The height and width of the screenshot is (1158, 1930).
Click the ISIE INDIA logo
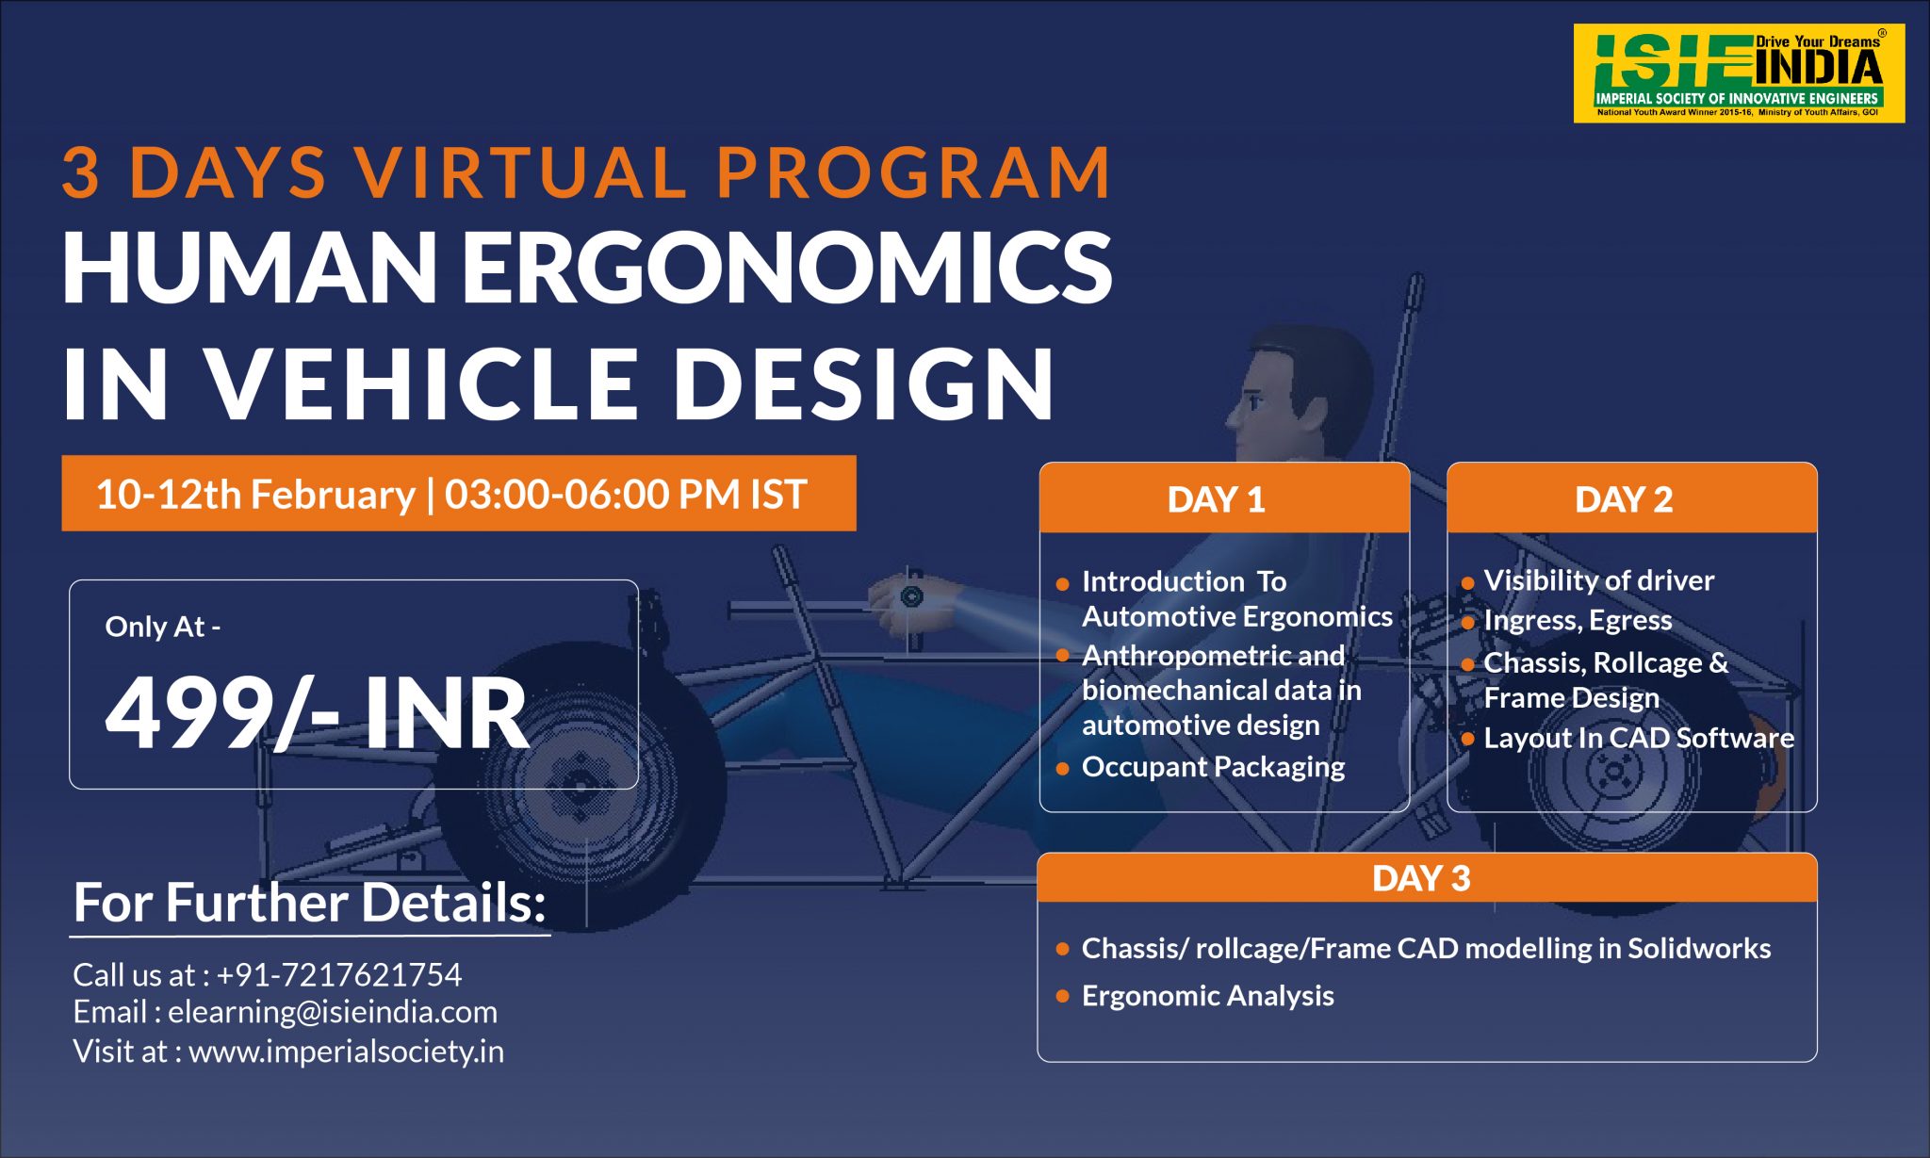pyautogui.click(x=1739, y=73)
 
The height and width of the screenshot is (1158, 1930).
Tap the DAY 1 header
pyautogui.click(x=1216, y=499)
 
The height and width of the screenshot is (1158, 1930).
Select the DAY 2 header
pyautogui.click(x=1624, y=499)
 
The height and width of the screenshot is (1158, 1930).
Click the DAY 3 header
pyautogui.click(x=1421, y=878)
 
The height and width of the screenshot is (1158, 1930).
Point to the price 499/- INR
pyautogui.click(x=317, y=713)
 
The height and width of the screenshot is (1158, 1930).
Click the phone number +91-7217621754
pyautogui.click(x=339, y=974)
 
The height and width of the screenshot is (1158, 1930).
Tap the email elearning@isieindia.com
pyautogui.click(x=333, y=1012)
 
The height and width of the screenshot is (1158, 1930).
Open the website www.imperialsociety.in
pyautogui.click(x=347, y=1051)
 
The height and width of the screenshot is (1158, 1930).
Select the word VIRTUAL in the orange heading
pyautogui.click(x=521, y=172)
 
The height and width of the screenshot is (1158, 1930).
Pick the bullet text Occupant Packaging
pyautogui.click(x=1213, y=767)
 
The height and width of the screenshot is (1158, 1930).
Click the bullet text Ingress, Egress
pyautogui.click(x=1578, y=620)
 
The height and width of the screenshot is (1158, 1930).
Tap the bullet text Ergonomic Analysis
pyautogui.click(x=1207, y=996)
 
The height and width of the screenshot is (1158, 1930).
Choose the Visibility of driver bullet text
pyautogui.click(x=1599, y=580)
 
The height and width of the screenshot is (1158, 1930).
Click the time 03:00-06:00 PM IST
pyautogui.click(x=626, y=495)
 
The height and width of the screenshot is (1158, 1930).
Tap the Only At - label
pyautogui.click(x=163, y=627)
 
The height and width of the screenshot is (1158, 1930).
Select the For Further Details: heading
pyautogui.click(x=310, y=903)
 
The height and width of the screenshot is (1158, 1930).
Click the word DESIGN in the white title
pyautogui.click(x=862, y=383)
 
